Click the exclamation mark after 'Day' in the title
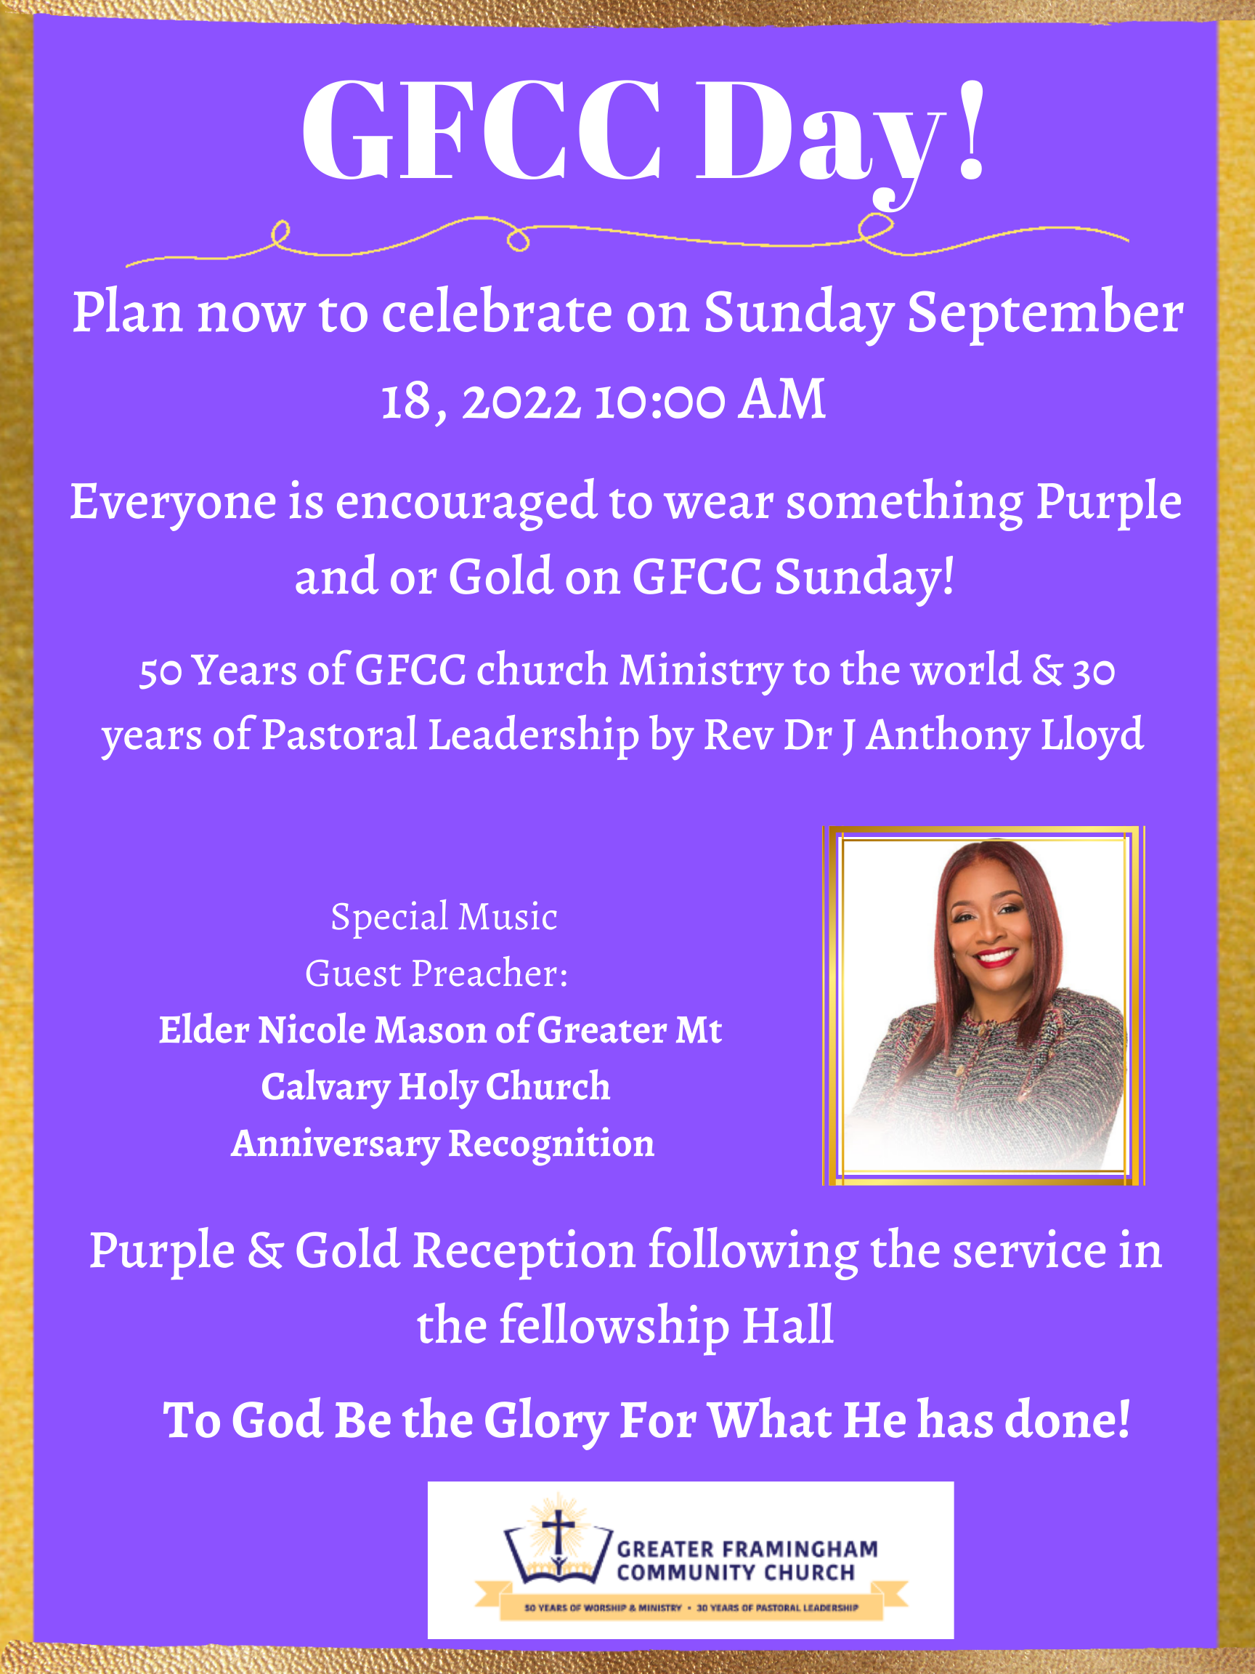(971, 130)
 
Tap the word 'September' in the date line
(1044, 314)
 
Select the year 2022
(521, 402)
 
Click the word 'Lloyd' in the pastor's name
(1092, 736)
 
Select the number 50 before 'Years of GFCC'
(161, 672)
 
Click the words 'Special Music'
(444, 917)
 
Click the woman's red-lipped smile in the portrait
(996, 958)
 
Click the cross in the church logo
(559, 1532)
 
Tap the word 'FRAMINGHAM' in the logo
(800, 1550)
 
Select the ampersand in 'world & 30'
(1047, 671)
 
